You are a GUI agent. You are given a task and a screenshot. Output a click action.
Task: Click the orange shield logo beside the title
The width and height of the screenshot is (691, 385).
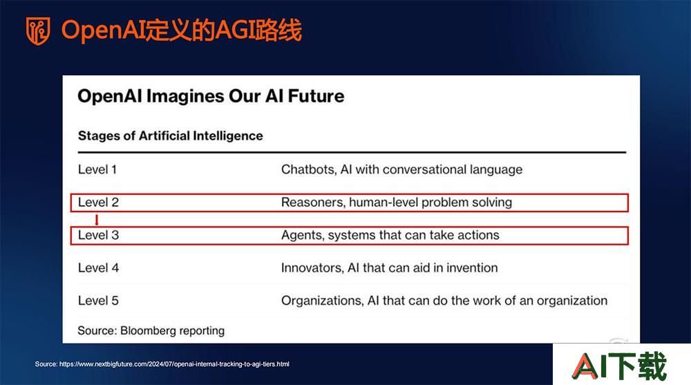[x=38, y=31]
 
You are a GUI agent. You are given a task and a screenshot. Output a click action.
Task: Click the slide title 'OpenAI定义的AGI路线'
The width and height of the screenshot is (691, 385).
[x=182, y=30]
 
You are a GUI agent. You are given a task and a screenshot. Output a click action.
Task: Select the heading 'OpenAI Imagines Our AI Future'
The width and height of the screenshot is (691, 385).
[x=211, y=96]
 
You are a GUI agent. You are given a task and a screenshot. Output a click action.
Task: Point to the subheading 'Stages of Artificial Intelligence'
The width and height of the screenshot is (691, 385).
[x=170, y=136]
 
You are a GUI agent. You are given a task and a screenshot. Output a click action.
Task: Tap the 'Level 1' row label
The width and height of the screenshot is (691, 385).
[x=97, y=169]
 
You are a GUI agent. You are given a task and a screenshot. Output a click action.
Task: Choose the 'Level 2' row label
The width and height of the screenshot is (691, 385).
[x=98, y=203]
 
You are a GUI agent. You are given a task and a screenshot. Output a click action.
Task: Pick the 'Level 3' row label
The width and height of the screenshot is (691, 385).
[x=98, y=235]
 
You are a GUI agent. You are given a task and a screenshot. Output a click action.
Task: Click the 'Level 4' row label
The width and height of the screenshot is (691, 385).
[x=98, y=267]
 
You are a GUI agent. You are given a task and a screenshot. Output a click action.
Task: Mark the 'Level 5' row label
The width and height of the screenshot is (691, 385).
[x=98, y=301]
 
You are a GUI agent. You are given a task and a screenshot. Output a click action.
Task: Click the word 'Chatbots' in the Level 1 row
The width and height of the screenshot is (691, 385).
[x=308, y=170]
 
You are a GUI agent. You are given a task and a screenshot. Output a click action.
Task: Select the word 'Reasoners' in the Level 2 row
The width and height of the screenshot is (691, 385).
[x=313, y=203]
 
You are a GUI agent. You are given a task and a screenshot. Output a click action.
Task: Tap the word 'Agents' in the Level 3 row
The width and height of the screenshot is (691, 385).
[x=303, y=236]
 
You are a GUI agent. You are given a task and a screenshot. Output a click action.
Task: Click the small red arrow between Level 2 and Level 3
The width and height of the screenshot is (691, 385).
[x=97, y=220]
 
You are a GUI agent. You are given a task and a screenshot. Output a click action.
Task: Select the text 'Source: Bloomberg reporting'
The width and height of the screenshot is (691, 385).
[x=151, y=331]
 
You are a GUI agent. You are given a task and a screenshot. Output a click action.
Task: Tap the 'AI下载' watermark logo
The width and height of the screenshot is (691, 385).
[x=620, y=366]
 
